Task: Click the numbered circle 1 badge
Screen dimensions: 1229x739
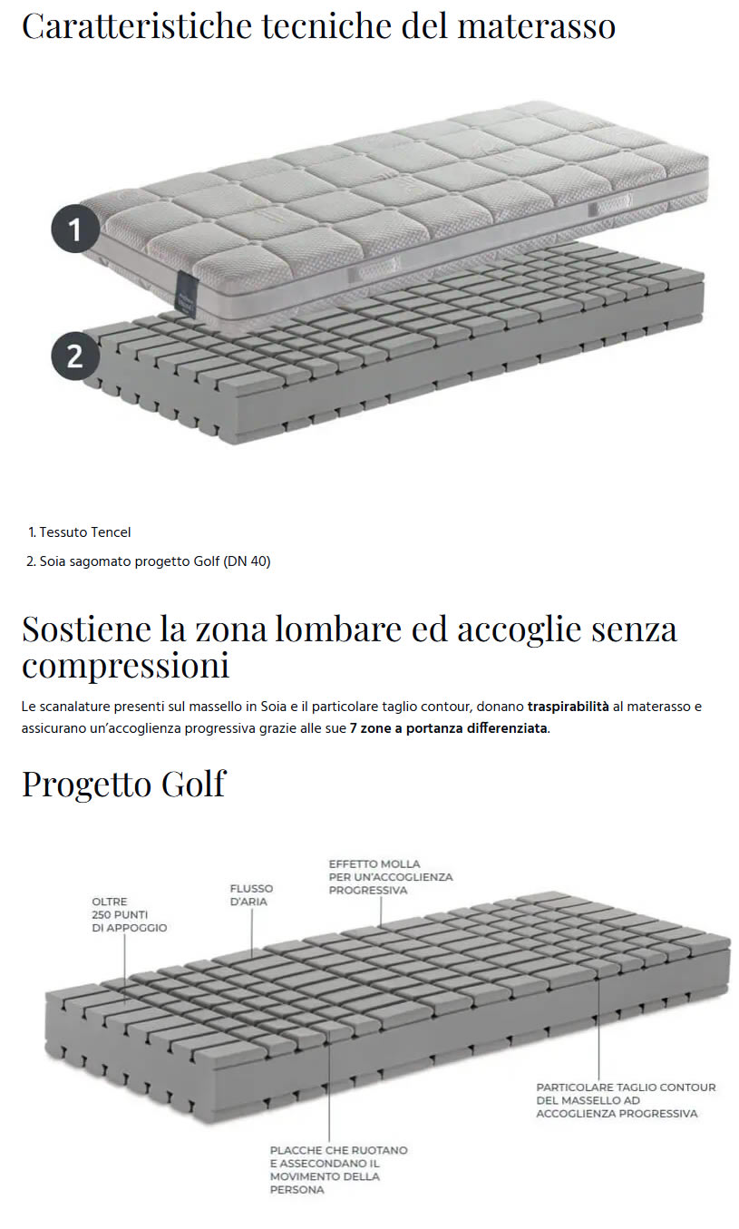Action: click(74, 229)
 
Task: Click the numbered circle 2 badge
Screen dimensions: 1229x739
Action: click(74, 354)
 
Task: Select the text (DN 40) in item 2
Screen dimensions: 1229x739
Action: click(247, 561)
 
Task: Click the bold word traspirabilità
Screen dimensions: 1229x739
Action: click(568, 707)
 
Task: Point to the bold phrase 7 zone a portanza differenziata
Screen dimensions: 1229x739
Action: click(448, 728)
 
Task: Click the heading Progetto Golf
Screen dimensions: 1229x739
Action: click(123, 784)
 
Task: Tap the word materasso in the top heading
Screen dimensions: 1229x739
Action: click(537, 26)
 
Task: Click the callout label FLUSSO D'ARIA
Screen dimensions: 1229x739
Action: click(251, 895)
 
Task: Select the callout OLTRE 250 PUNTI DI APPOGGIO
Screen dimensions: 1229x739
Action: click(129, 914)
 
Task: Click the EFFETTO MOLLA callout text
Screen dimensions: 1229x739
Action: click(390, 877)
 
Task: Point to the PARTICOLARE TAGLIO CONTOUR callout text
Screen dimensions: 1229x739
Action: click(626, 1099)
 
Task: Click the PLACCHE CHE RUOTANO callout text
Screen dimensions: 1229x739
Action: click(338, 1169)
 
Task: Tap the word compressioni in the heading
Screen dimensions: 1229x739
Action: click(125, 666)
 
